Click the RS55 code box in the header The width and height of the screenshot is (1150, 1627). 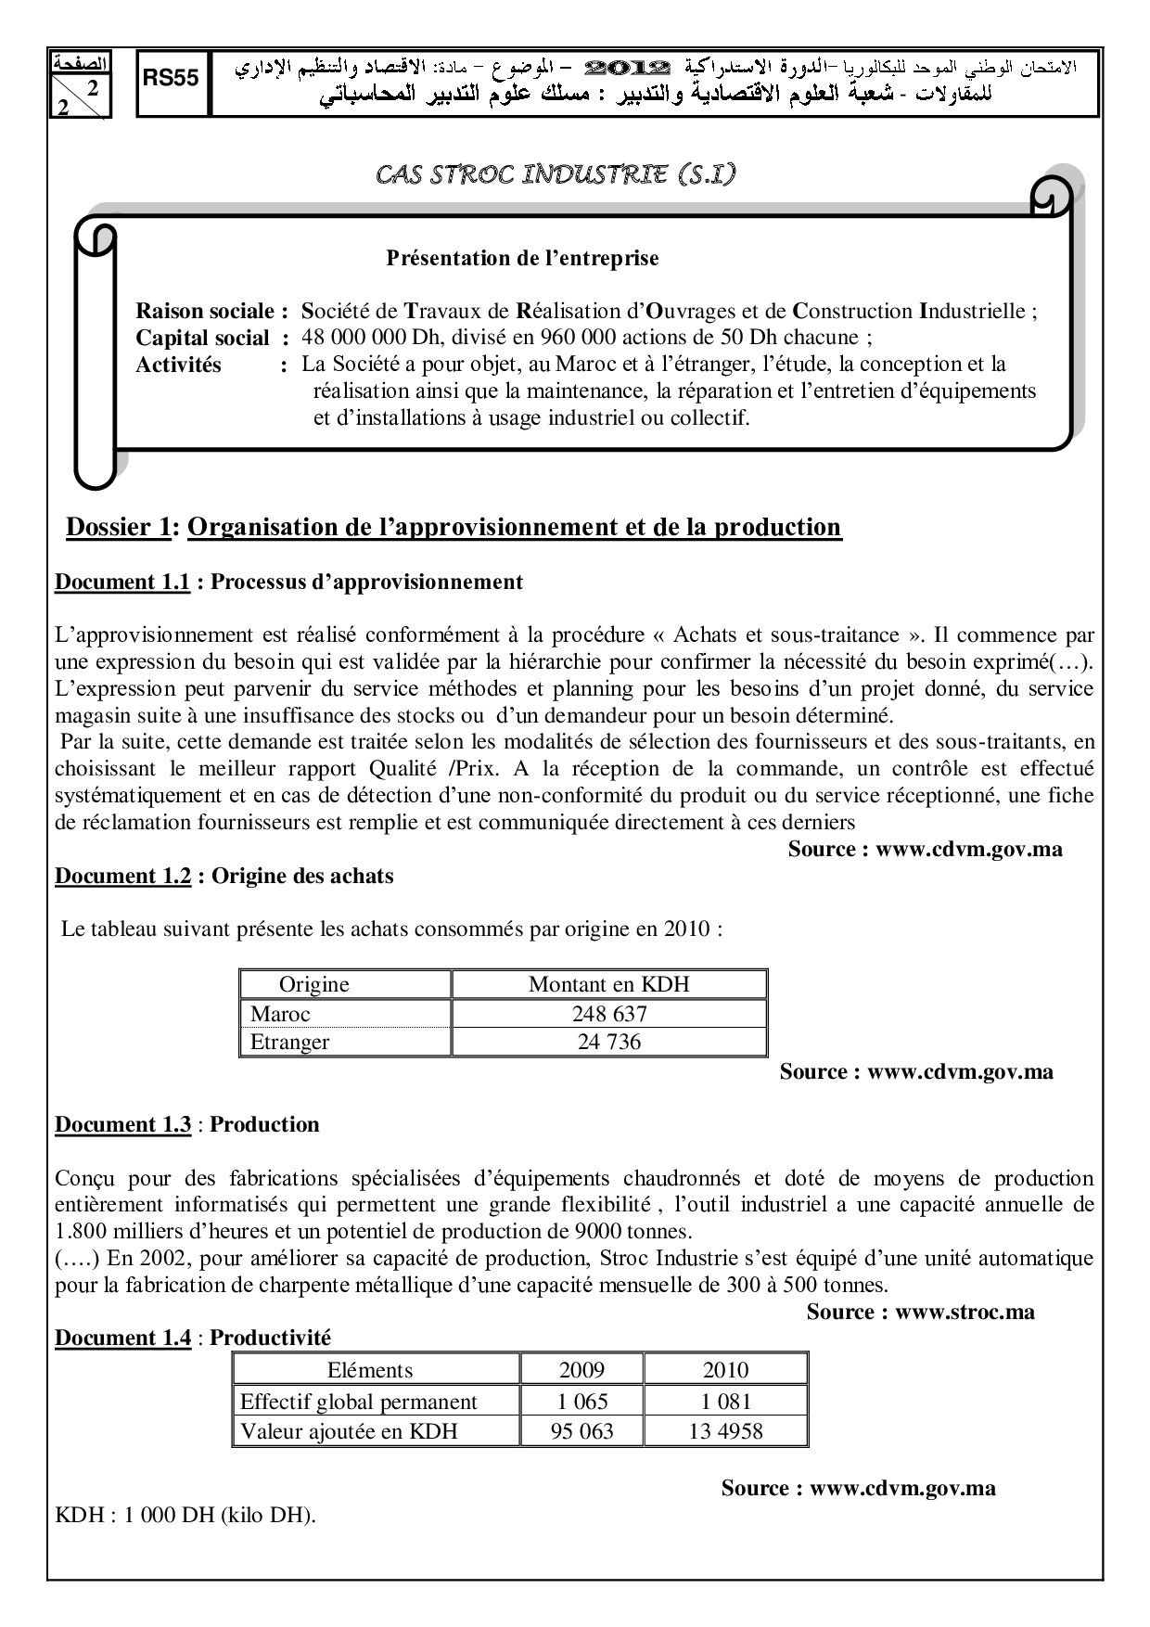pos(172,80)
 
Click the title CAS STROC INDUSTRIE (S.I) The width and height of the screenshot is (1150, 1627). pos(556,174)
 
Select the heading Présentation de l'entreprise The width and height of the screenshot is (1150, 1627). pos(522,258)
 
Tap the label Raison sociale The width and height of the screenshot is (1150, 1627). pos(206,312)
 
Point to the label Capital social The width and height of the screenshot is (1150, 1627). pos(202,339)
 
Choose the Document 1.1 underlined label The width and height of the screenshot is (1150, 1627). pos(122,583)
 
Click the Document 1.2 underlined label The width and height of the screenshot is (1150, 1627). pos(122,877)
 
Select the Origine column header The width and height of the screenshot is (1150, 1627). pos(314,985)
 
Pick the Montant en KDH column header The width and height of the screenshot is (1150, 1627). pos(608,985)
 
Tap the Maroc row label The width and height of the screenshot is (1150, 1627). pos(280,1014)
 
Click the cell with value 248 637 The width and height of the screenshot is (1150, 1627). pos(608,1014)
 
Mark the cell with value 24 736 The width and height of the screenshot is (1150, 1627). pos(608,1043)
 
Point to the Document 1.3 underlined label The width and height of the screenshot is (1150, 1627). pos(122,1125)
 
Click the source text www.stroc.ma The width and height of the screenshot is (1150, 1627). pos(965,1313)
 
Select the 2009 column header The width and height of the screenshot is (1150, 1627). pos(581,1371)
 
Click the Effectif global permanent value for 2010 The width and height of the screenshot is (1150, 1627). pos(725,1402)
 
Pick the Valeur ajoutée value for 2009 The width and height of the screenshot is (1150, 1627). pos(581,1431)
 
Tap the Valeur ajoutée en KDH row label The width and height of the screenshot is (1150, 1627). pos(349,1431)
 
